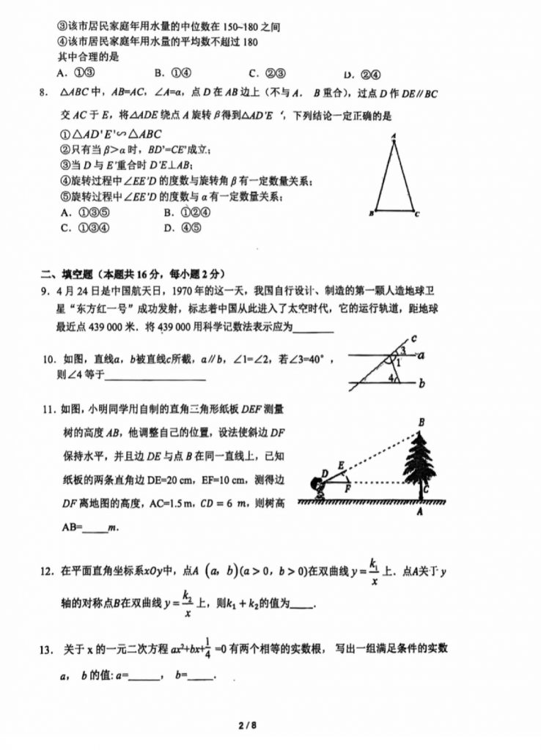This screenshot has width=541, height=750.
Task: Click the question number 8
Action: (x=43, y=93)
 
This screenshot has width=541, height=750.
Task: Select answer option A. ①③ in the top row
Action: (x=76, y=73)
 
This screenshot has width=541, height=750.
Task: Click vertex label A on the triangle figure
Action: (x=394, y=135)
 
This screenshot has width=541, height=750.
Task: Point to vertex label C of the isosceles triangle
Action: (x=417, y=215)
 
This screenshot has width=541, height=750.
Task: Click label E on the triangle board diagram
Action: (x=341, y=464)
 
